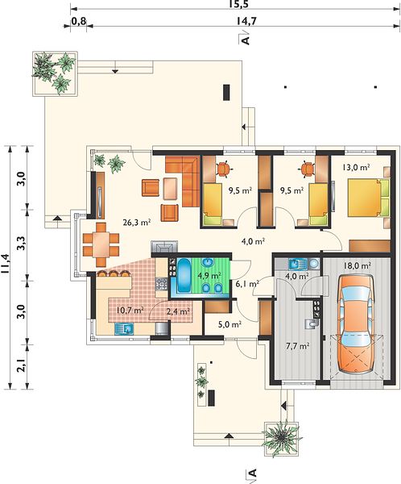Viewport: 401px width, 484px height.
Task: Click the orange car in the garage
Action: (356, 323)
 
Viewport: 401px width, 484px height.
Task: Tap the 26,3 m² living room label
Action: (137, 223)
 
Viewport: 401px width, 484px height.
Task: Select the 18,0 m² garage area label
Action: (358, 265)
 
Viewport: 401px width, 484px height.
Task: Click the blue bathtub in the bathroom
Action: (184, 275)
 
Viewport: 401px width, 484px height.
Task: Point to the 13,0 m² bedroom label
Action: (356, 167)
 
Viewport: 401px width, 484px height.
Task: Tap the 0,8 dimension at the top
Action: (79, 21)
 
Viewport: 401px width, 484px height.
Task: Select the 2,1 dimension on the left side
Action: (23, 365)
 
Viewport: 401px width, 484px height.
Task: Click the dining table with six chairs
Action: (101, 244)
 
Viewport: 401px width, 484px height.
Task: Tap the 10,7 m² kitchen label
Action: (130, 310)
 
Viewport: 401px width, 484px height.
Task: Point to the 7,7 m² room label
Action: (297, 346)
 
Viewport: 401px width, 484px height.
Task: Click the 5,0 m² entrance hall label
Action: (229, 324)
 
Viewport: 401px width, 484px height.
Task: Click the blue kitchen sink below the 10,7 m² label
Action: (124, 329)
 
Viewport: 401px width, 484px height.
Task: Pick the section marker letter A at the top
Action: (245, 40)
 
